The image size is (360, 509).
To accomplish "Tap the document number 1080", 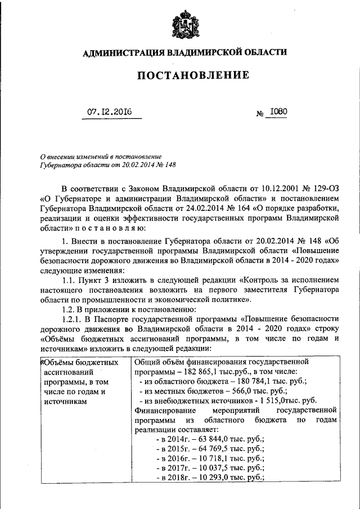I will coord(278,111).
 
